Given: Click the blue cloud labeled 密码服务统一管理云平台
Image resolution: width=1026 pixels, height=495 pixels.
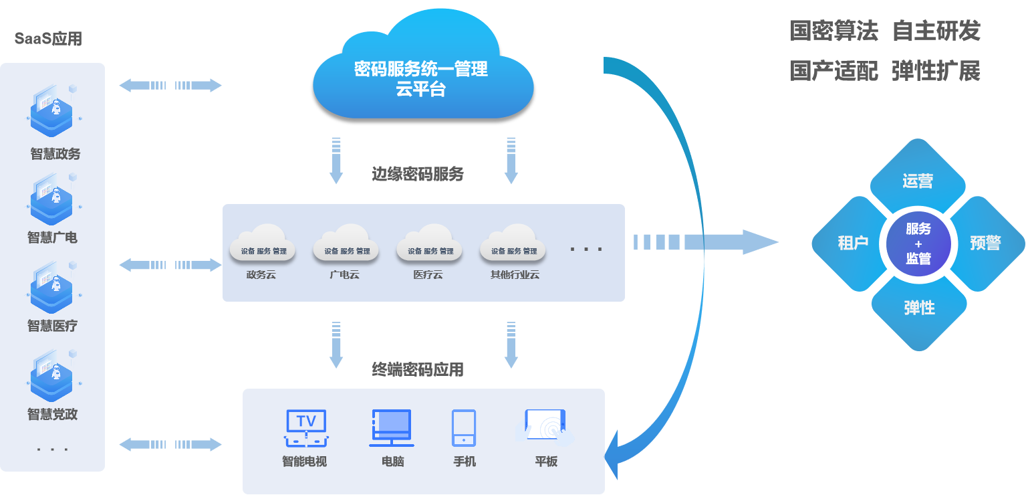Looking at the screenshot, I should [422, 74].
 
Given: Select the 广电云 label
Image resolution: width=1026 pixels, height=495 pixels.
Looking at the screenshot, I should [344, 274].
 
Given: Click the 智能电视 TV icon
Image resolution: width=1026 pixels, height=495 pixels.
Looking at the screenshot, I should [305, 428].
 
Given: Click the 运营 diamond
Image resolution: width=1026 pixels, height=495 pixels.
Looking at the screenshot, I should [918, 179].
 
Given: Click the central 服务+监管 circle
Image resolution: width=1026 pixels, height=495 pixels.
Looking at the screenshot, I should [918, 243].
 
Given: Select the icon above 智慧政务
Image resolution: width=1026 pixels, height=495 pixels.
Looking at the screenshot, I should [53, 110].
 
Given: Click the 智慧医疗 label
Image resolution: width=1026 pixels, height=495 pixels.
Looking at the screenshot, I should [53, 326].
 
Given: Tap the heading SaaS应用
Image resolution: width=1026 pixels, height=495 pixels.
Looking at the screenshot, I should [48, 39].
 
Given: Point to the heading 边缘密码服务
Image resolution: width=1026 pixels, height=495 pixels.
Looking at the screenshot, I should [418, 175].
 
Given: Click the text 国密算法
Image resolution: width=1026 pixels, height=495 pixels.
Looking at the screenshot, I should [833, 31].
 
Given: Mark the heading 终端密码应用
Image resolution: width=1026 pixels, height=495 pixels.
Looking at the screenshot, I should [418, 369].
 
